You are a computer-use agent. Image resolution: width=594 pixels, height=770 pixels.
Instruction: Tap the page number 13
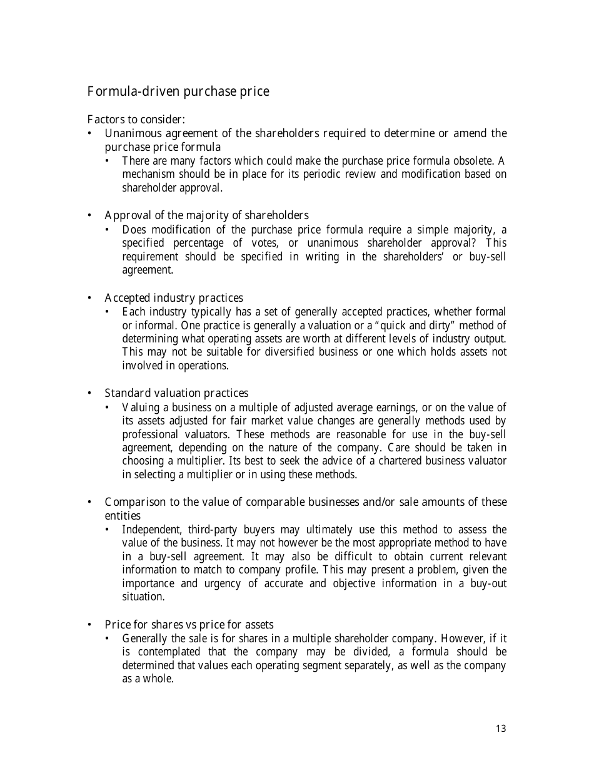click(x=501, y=729)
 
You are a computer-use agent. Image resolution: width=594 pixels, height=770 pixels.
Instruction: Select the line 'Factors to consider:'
click(x=136, y=119)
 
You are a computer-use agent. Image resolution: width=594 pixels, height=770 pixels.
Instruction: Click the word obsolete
click(x=470, y=161)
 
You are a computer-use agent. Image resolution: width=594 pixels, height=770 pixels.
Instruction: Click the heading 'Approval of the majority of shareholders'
click(x=206, y=215)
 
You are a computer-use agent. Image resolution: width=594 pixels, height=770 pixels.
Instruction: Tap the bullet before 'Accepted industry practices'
click(x=90, y=298)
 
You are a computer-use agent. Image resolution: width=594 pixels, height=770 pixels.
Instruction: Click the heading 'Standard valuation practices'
click(x=176, y=393)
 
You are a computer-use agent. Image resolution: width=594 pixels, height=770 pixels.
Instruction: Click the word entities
click(x=123, y=516)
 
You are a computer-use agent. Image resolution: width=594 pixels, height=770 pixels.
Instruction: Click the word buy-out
click(x=488, y=583)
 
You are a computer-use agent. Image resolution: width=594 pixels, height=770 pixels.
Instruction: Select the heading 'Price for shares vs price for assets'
click(x=189, y=625)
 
